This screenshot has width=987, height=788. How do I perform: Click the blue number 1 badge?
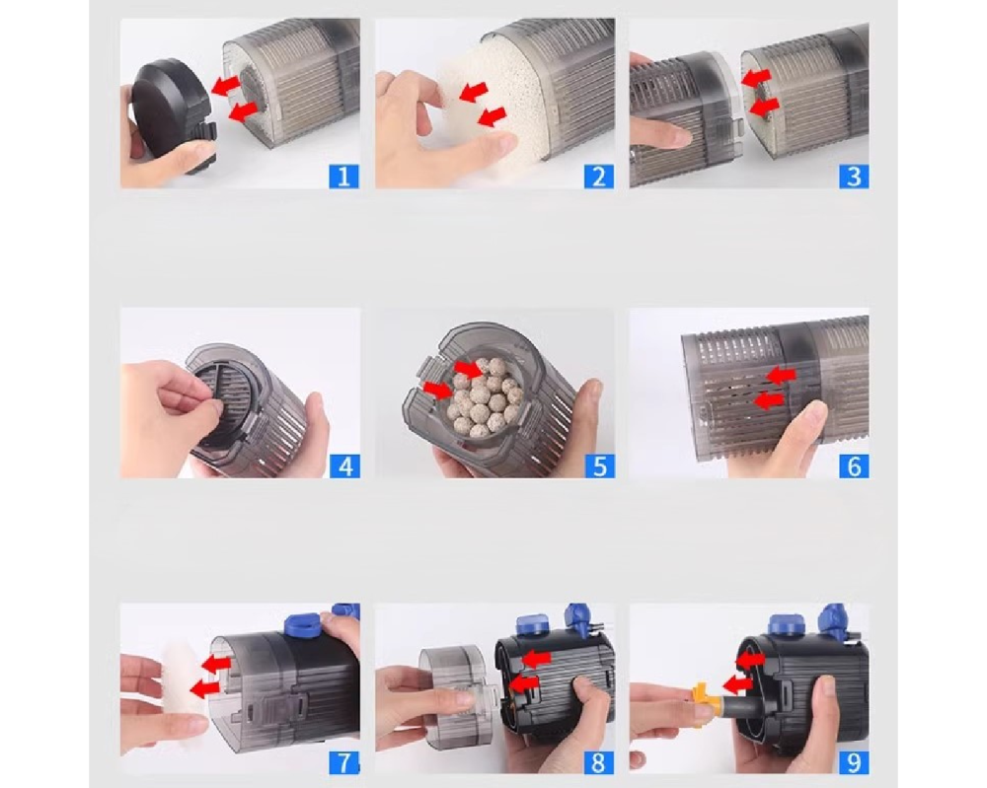[343, 177]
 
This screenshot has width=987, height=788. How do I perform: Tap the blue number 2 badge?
[599, 177]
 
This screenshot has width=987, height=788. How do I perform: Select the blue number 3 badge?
[854, 177]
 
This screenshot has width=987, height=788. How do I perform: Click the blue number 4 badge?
[344, 466]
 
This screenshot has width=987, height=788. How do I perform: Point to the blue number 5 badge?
[599, 466]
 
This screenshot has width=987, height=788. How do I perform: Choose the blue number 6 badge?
[854, 466]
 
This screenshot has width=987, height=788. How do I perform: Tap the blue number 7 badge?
[344, 762]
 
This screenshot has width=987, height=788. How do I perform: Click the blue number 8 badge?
[598, 762]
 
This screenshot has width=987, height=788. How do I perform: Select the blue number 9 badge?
[854, 762]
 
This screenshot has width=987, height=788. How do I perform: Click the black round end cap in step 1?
[171, 114]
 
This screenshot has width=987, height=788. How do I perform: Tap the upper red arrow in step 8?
[537, 659]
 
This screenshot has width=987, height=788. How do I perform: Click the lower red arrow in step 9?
[737, 683]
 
